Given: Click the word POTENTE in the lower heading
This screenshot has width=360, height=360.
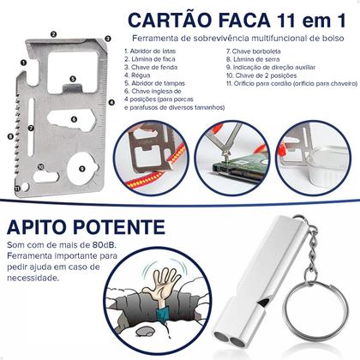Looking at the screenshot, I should click(x=132, y=230).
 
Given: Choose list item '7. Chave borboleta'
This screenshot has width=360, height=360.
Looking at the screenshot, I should click(x=253, y=51).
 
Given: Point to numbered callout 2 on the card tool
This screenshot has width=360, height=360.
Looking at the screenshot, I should click(x=54, y=34).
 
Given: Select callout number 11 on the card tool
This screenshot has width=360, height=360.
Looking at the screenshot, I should click(x=18, y=184).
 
